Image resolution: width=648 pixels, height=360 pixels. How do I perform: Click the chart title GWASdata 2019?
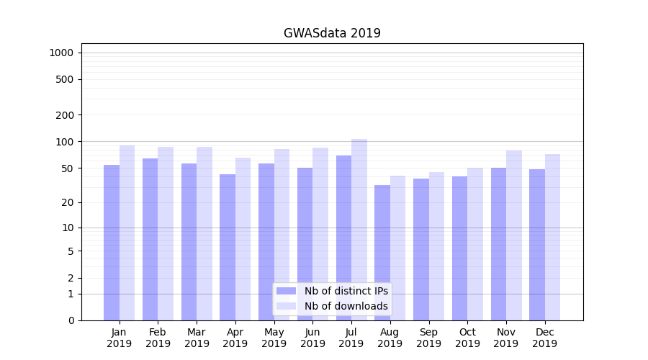[x=332, y=33]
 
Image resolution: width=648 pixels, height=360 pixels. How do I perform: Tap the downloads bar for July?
[x=359, y=230]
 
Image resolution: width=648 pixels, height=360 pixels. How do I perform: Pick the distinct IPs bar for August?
[x=382, y=253]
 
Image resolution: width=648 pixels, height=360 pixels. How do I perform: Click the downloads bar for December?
[x=552, y=237]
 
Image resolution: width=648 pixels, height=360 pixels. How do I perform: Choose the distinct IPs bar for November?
[x=498, y=244]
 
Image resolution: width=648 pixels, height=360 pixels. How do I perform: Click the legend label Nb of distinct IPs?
[x=346, y=291]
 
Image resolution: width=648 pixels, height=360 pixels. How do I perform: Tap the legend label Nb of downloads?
[x=346, y=306]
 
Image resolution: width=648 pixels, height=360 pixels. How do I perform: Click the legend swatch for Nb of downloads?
[x=286, y=306]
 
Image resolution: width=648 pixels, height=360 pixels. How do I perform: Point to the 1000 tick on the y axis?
[x=61, y=53]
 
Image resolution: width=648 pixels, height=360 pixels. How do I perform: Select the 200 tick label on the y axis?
[x=66, y=115]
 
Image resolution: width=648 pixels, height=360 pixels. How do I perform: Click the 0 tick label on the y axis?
[x=71, y=320]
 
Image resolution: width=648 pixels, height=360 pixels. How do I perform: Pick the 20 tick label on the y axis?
[x=68, y=202]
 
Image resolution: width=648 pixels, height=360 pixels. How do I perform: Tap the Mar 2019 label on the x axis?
[x=197, y=338]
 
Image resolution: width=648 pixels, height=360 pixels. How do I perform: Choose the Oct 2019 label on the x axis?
[x=467, y=338]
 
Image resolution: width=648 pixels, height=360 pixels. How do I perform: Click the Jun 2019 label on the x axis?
[x=312, y=338]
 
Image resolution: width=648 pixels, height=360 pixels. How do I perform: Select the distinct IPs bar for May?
[x=266, y=242]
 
